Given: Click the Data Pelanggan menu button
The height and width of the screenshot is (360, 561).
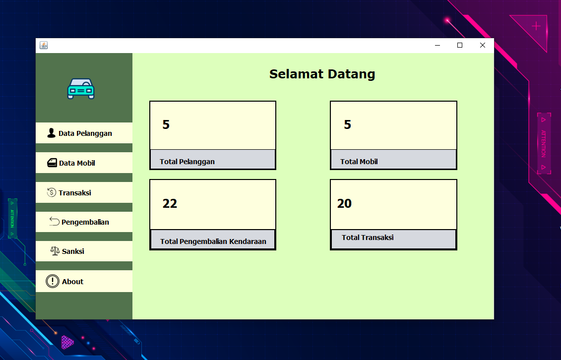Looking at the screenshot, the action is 84,133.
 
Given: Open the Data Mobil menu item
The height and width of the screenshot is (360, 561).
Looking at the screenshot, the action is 84,163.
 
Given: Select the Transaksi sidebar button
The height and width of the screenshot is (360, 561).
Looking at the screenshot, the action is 84,192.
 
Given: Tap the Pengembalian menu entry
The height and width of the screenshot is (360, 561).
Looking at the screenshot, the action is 84,222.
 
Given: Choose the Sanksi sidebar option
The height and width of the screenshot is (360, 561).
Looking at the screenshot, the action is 84,251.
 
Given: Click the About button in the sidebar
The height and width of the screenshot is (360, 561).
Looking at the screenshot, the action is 84,281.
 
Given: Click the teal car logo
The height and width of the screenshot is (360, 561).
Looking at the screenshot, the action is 81,89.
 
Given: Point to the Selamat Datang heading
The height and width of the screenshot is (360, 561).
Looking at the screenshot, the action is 322,74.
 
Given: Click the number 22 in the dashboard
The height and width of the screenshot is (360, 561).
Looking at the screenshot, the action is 170,203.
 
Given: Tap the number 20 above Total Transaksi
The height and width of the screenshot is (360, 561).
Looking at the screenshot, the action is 344,203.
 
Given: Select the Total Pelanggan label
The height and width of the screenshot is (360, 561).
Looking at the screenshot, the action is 187,162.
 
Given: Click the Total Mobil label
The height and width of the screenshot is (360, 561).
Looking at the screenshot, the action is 359,162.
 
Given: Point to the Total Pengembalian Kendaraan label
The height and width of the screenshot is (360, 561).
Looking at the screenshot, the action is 213,241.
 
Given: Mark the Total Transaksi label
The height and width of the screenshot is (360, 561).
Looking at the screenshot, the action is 368,238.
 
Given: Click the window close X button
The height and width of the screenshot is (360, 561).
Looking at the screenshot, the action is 483,45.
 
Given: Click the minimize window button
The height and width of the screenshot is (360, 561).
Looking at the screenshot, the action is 437,45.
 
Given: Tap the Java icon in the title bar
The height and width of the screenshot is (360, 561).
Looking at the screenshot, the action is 44,46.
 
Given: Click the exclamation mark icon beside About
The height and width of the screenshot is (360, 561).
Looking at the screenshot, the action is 53,281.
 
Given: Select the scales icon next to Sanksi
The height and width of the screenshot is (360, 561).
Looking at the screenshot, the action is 55,251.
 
